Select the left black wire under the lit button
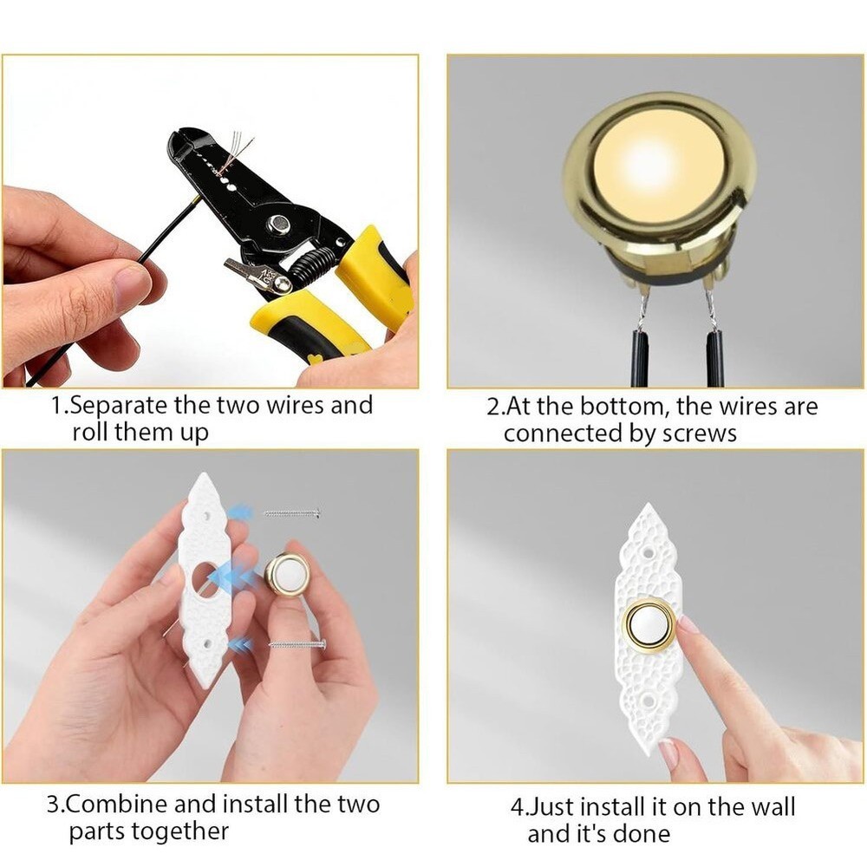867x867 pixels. click(x=640, y=355)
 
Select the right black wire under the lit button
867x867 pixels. click(x=714, y=355)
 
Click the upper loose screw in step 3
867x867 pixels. click(x=292, y=514)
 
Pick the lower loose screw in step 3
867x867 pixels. click(x=297, y=644)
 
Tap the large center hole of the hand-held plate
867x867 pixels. click(x=205, y=578)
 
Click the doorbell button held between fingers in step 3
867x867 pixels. click(x=287, y=575)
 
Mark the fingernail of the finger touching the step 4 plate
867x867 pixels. click(x=688, y=623)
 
